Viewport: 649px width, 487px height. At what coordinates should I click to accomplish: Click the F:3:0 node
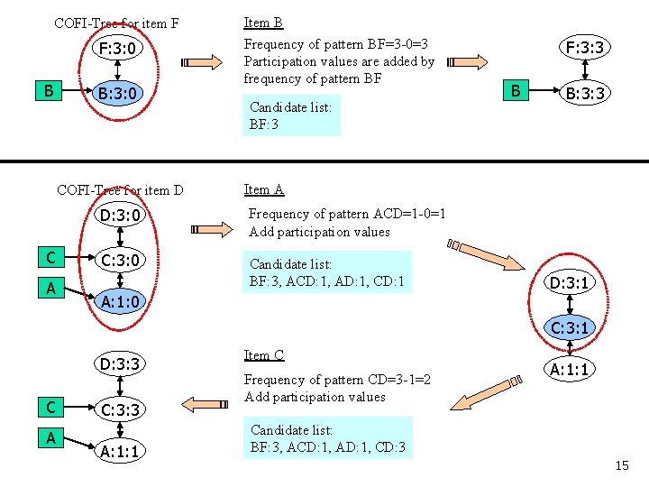click(117, 48)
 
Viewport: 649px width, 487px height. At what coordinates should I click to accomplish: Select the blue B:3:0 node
click(117, 93)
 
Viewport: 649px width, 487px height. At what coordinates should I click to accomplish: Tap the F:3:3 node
click(584, 47)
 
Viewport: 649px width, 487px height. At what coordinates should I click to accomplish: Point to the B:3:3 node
click(584, 93)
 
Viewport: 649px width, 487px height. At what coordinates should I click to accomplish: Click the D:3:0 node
click(120, 216)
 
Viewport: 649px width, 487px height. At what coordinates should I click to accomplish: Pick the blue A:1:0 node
click(120, 301)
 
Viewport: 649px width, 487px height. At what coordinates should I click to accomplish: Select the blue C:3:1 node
click(570, 328)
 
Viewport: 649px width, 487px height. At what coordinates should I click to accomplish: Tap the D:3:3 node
click(120, 364)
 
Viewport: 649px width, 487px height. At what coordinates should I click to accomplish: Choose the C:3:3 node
click(120, 409)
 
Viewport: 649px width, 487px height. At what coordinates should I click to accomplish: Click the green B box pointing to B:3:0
click(49, 91)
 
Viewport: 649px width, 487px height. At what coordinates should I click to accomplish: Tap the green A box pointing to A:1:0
click(50, 288)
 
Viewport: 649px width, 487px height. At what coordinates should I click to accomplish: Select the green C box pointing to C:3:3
click(50, 407)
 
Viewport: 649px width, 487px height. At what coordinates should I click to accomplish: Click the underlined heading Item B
click(263, 23)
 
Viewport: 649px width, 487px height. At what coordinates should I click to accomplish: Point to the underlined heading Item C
click(263, 355)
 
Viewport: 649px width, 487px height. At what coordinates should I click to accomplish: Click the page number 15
click(622, 465)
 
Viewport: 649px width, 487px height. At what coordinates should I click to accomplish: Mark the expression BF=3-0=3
click(398, 44)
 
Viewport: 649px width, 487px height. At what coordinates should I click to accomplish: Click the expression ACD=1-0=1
click(409, 214)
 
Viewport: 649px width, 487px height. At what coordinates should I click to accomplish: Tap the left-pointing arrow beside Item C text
click(205, 404)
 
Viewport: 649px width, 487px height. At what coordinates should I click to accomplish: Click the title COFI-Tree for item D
click(120, 190)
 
